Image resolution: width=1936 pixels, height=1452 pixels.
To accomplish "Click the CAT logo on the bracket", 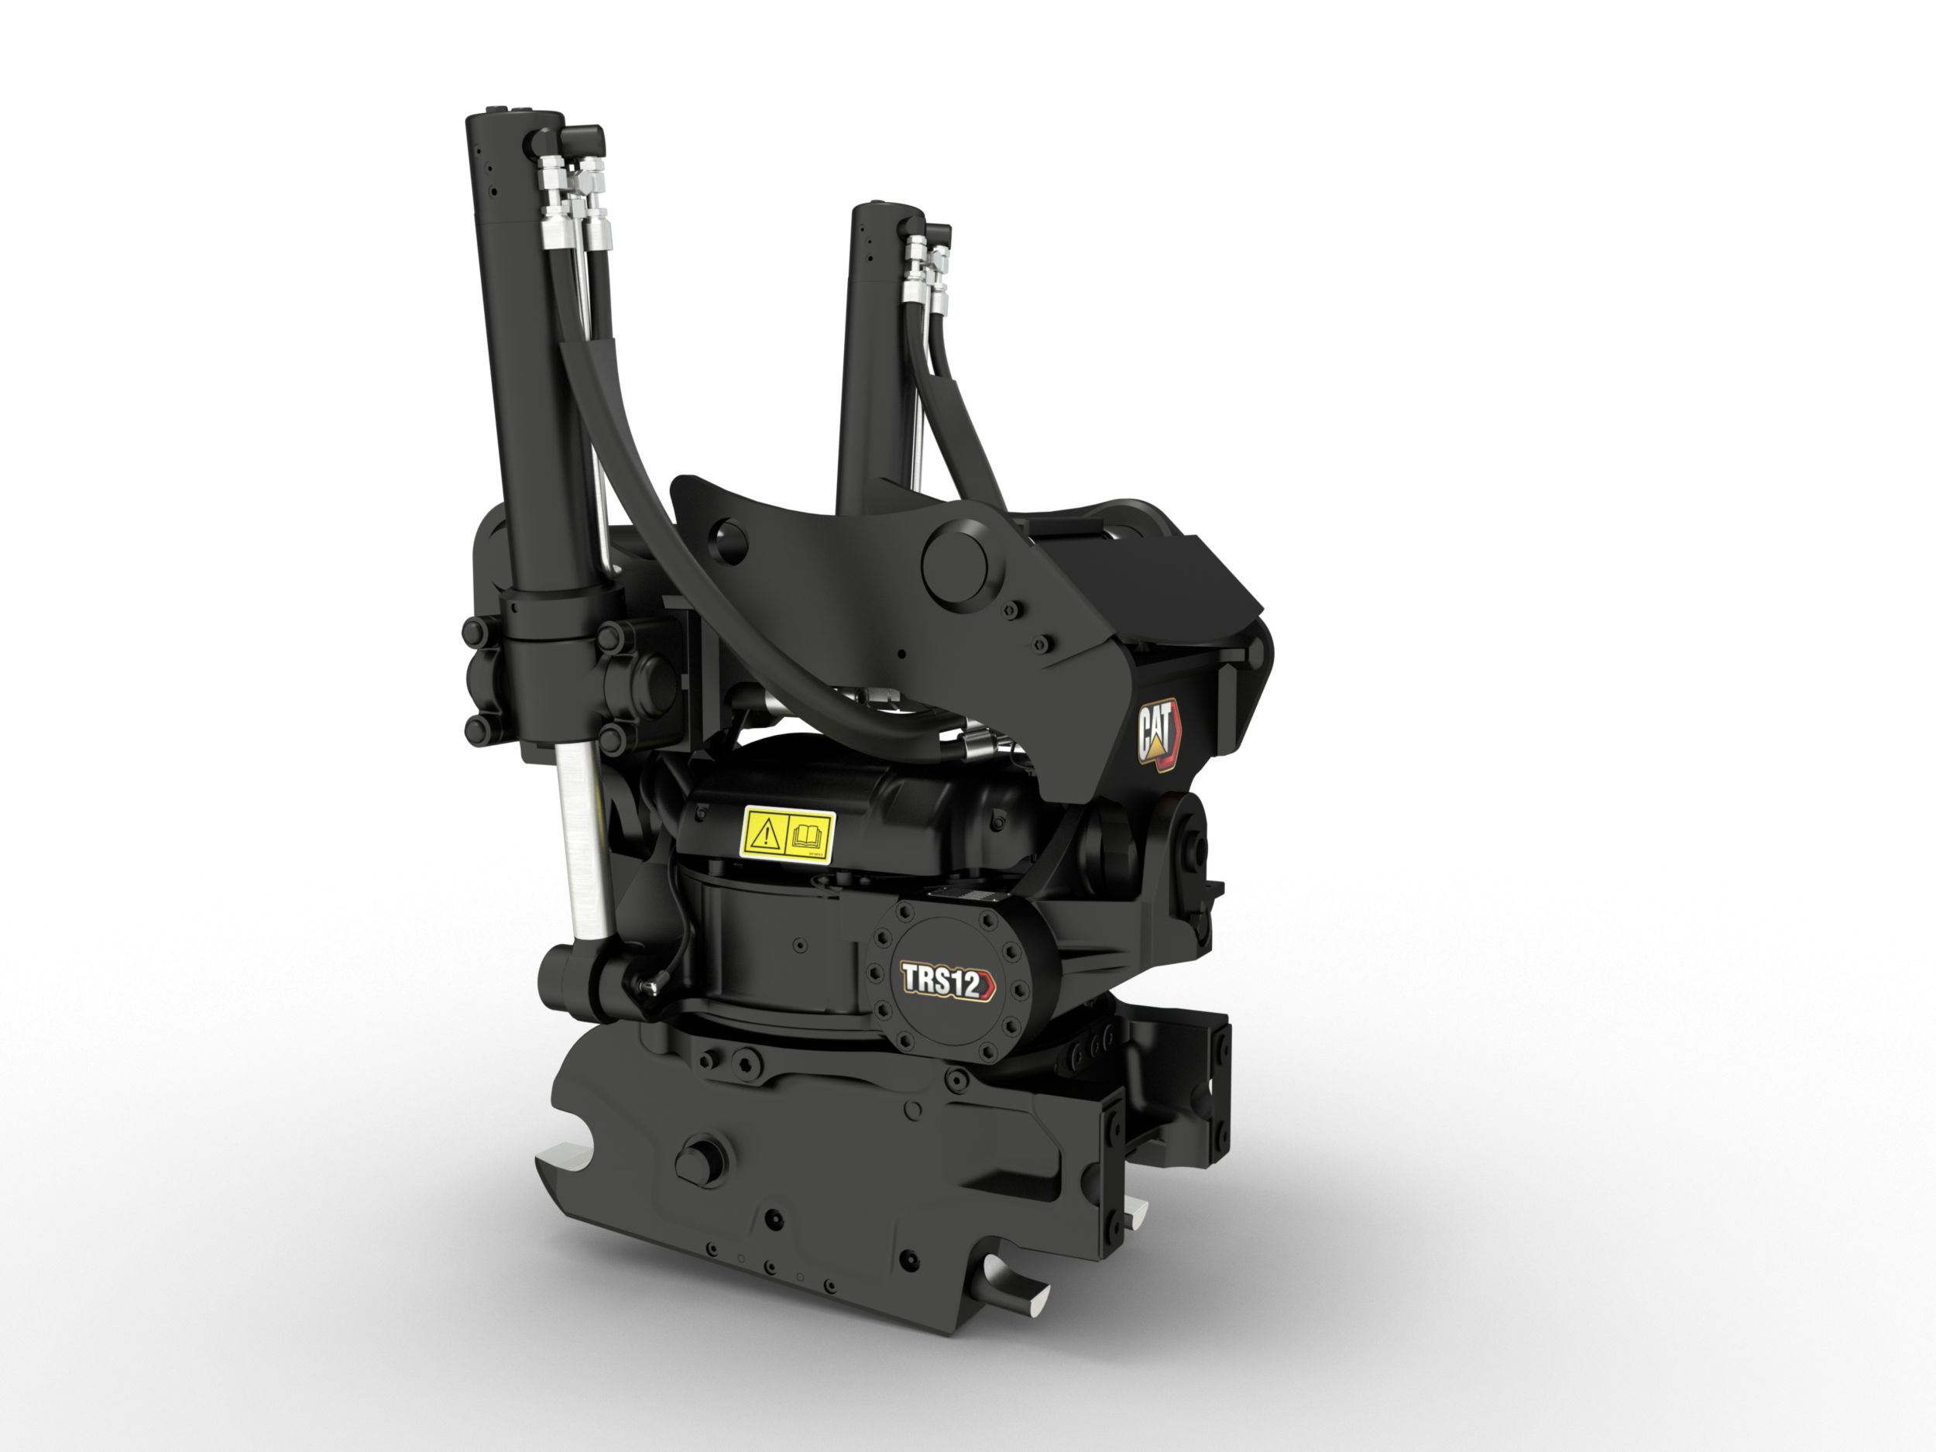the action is coord(1157,733).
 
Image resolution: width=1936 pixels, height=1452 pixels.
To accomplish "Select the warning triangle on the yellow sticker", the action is coord(766,835).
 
